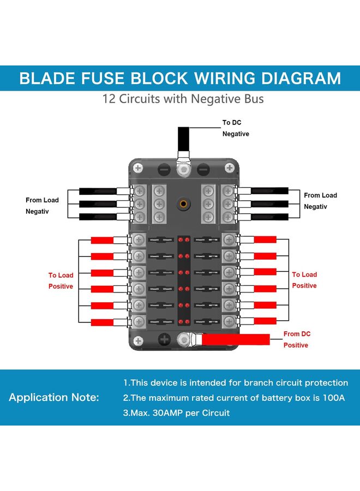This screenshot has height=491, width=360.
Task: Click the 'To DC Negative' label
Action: point(235,128)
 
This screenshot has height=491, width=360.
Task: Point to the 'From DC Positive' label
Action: point(296,339)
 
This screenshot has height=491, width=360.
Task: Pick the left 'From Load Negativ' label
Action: point(42,206)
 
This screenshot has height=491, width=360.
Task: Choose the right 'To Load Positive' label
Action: point(304,280)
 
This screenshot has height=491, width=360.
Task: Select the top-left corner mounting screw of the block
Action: point(139,168)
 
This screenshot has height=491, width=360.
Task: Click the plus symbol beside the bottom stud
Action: point(164,340)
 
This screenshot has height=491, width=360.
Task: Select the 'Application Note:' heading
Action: point(53,397)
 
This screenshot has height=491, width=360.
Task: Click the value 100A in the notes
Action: point(332,398)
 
